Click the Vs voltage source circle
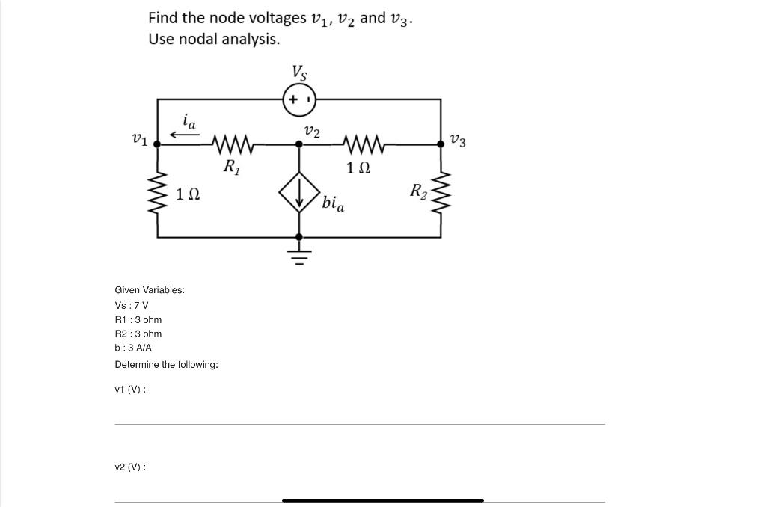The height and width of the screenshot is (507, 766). [299, 99]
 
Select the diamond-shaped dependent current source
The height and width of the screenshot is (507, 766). [299, 194]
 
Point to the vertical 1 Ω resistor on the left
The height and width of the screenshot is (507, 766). [157, 194]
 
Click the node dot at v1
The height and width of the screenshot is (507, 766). [157, 144]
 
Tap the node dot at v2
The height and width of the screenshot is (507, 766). [299, 144]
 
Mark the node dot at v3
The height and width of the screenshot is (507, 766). [440, 144]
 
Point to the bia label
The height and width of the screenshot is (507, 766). [334, 203]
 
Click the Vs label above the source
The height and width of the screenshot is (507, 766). [299, 73]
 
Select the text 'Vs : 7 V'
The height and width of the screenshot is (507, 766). [132, 305]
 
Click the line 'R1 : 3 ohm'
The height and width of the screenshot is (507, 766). [138, 319]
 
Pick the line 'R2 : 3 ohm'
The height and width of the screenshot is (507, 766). [138, 334]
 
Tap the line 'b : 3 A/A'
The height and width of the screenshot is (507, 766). [133, 348]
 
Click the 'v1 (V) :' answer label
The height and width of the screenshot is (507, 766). [130, 390]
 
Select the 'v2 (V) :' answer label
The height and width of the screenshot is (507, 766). [130, 467]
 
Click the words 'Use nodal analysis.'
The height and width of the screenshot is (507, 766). [214, 39]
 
